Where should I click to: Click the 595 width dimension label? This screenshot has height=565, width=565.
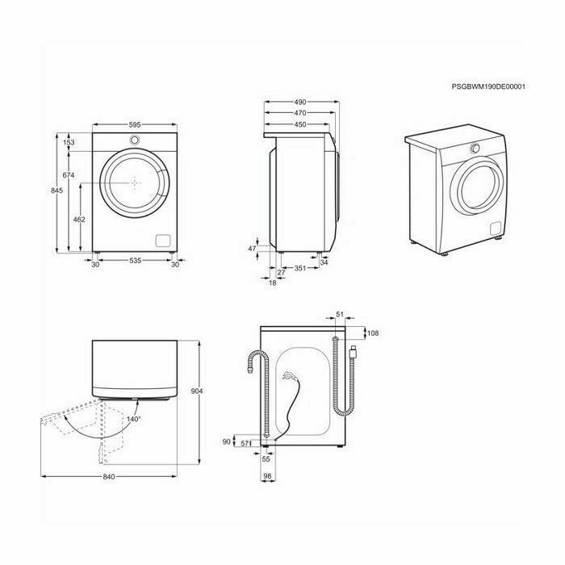(x=135, y=124)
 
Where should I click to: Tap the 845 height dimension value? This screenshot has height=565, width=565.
(x=57, y=190)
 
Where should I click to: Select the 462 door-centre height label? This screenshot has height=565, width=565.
(x=79, y=219)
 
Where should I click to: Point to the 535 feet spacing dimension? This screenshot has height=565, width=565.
(x=135, y=260)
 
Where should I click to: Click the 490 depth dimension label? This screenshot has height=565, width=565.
(x=299, y=102)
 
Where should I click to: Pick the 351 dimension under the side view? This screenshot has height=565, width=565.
(x=299, y=268)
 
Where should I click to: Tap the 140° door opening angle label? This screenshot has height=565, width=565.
(x=134, y=419)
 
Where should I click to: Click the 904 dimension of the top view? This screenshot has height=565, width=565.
(x=197, y=391)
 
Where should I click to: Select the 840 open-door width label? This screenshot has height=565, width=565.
(x=109, y=477)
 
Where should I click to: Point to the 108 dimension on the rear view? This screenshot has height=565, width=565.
(x=373, y=333)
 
